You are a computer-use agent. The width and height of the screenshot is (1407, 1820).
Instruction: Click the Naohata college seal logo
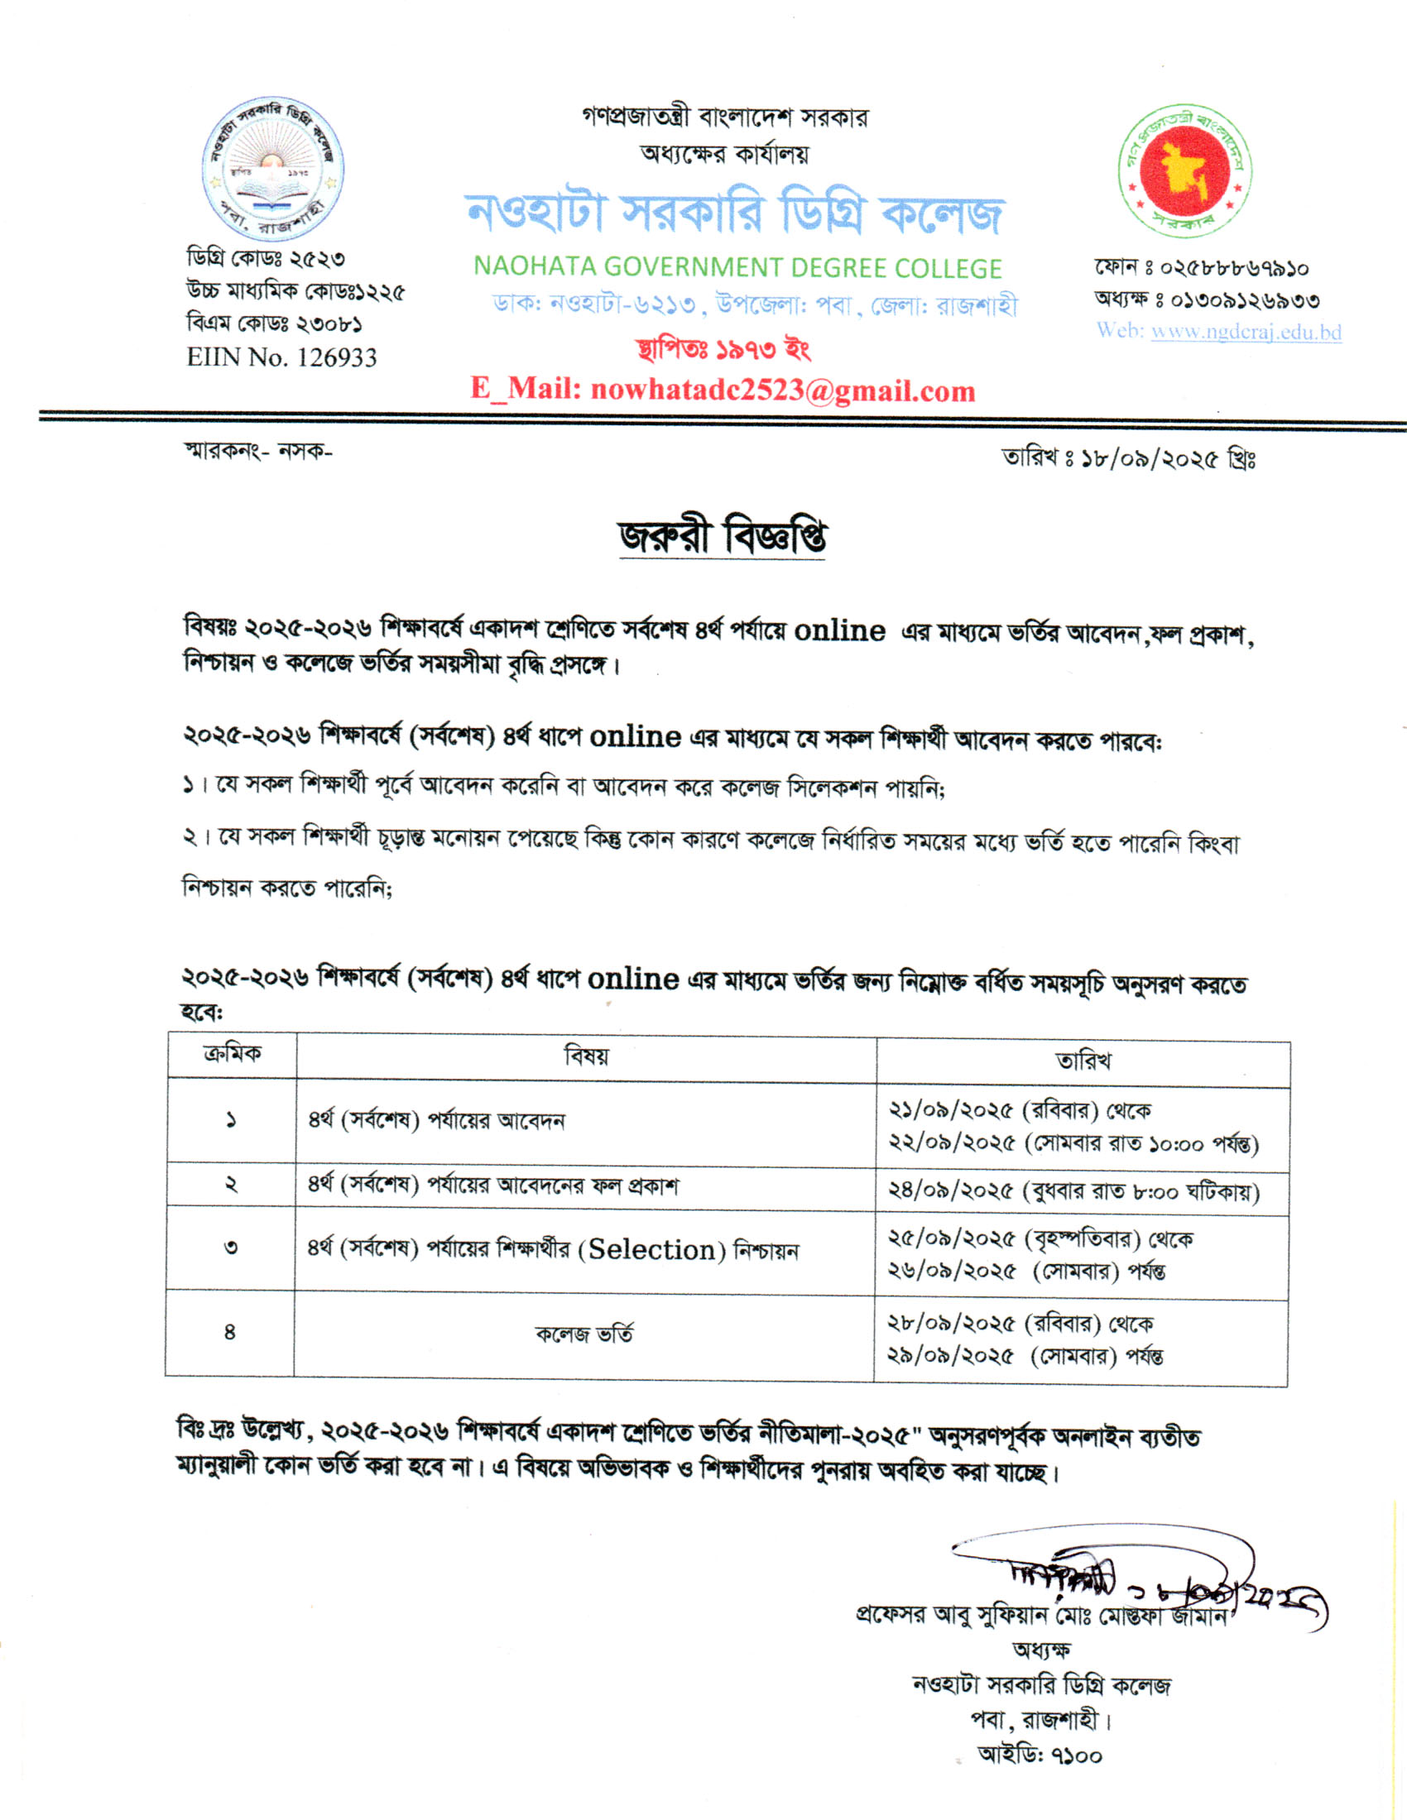pyautogui.click(x=272, y=170)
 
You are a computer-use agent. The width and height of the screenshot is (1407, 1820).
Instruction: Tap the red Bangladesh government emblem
pyautogui.click(x=1184, y=172)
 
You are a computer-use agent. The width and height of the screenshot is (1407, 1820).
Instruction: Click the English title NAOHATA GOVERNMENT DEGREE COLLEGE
pyautogui.click(x=737, y=267)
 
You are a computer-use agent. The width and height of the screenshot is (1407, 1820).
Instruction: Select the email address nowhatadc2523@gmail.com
pyautogui.click(x=782, y=390)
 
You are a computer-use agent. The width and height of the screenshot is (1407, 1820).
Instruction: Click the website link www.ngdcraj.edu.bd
pyautogui.click(x=1246, y=332)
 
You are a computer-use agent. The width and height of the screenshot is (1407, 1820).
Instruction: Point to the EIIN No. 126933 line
pyautogui.click(x=281, y=357)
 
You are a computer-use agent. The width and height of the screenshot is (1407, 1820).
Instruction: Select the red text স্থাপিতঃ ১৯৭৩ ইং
pyautogui.click(x=723, y=349)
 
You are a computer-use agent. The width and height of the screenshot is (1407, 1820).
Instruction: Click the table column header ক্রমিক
pyautogui.click(x=232, y=1053)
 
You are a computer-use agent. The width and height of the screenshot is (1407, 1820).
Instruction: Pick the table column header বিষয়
pyautogui.click(x=586, y=1056)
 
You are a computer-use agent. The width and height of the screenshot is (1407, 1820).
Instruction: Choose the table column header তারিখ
pyautogui.click(x=1083, y=1061)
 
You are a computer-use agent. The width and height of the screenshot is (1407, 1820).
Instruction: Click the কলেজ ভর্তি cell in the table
pyautogui.click(x=584, y=1334)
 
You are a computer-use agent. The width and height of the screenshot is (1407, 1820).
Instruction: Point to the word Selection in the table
pyautogui.click(x=653, y=1250)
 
